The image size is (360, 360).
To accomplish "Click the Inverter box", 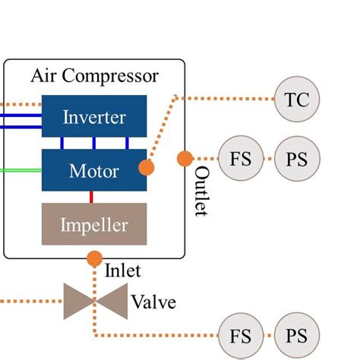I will tap(94, 117).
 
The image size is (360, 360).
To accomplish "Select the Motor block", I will tap(94, 170).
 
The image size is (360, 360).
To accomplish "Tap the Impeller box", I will tap(94, 224).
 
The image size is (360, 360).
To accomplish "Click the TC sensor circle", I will tap(297, 99).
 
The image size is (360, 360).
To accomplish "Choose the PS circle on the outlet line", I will tap(297, 159).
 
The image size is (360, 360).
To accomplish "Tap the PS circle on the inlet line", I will tap(297, 335).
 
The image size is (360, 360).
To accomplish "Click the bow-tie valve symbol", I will tap(94, 302).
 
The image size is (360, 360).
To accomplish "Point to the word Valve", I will tap(153, 302).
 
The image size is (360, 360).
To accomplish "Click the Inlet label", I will tap(122, 270).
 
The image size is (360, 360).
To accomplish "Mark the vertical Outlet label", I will tap(201, 191).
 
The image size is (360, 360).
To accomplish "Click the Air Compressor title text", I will tap(94, 76).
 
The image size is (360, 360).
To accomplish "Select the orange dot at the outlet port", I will tap(185, 158).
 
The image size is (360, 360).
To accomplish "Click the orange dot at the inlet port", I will tap(94, 258).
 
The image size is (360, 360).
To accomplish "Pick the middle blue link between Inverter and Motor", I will tap(94, 143).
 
